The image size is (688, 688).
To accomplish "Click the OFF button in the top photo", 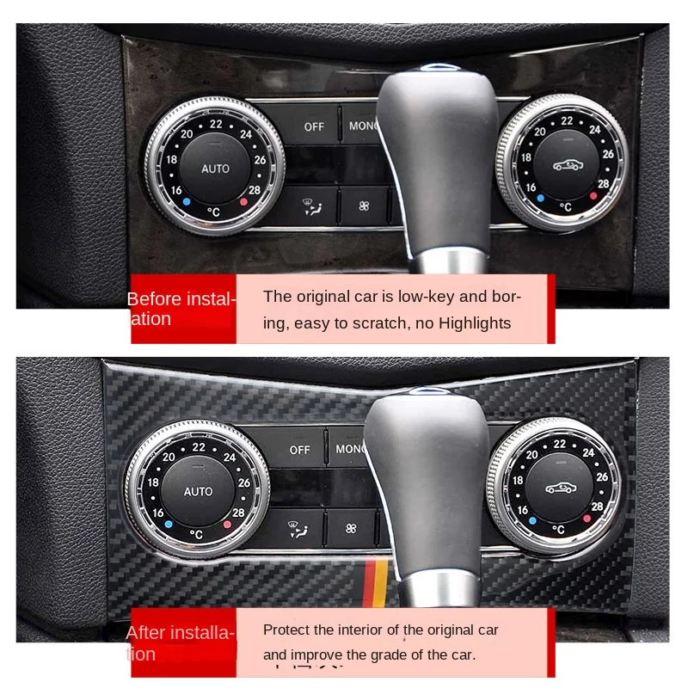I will pos(314,126).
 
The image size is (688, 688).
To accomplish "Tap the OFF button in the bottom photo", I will pos(300,449).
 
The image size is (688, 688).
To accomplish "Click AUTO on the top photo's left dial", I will pos(216,169).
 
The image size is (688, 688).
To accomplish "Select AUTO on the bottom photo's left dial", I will pos(199,491).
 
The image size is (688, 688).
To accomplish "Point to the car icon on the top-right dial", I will pos(567,164).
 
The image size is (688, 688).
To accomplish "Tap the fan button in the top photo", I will pos(362,206).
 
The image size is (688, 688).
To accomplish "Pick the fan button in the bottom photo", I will pos(350,526).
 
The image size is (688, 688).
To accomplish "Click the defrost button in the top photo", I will pos(307,206).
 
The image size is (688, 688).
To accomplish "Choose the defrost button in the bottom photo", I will pos(295,526).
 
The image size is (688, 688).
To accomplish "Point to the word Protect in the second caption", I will pos(286,630).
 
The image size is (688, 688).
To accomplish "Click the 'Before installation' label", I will pos(181,309).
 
